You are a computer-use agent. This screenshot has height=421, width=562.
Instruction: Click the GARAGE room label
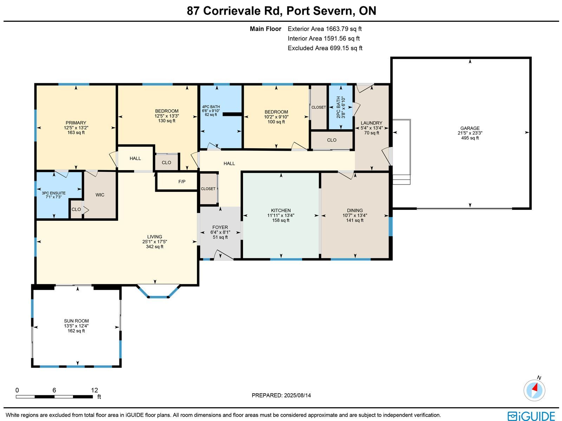[x=470, y=128]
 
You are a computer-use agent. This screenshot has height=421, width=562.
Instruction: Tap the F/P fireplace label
[x=182, y=182]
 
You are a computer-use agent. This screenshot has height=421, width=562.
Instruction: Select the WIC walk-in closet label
[x=100, y=195]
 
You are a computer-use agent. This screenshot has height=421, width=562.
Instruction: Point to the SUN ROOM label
[x=76, y=321]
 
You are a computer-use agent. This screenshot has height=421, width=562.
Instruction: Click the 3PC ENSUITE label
[x=53, y=193]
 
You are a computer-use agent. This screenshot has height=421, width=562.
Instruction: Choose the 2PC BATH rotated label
[x=339, y=107]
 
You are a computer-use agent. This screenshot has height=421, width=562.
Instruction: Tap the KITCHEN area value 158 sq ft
[x=281, y=220]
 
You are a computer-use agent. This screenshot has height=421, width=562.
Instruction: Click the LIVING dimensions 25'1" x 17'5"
[x=155, y=241]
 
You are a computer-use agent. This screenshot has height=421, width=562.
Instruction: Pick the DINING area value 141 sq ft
[x=355, y=220]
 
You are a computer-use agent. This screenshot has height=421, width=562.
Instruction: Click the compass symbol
[x=534, y=390]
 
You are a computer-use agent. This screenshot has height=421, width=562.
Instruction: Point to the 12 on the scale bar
[x=94, y=390]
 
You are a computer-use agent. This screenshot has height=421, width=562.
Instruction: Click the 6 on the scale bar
[x=54, y=390]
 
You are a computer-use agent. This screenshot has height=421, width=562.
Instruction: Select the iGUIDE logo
[x=531, y=416]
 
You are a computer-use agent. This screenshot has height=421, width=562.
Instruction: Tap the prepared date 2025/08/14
[x=297, y=395]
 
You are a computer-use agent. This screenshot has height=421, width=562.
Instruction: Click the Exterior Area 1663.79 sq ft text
[x=325, y=29]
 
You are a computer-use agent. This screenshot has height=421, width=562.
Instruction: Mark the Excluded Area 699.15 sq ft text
[x=325, y=48]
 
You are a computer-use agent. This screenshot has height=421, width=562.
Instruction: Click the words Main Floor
[x=266, y=29]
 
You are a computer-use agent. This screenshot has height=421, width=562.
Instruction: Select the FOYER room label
[x=220, y=227]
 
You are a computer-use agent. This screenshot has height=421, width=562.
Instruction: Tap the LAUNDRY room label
[x=371, y=123]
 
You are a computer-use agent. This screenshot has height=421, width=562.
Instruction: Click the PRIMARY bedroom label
[x=76, y=123]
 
